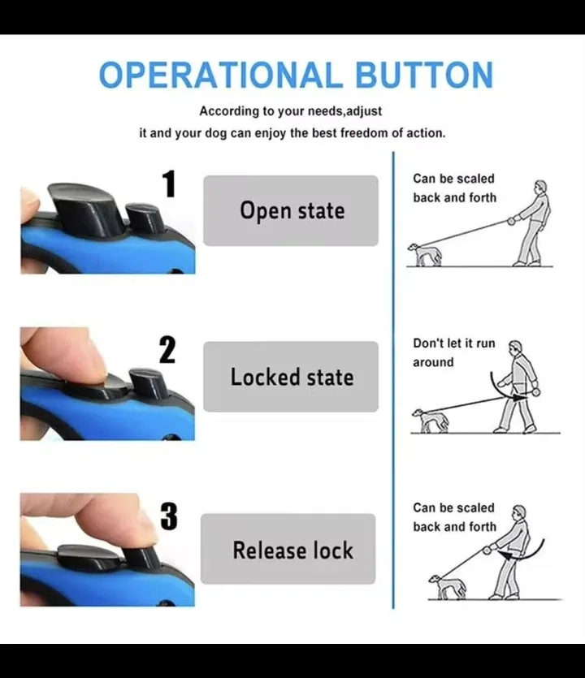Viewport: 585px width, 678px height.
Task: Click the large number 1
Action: coord(169,184)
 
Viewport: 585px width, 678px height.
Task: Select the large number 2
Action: coord(167,350)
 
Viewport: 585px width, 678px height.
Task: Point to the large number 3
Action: coord(168,516)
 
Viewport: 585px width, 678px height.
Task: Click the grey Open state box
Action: coord(291,211)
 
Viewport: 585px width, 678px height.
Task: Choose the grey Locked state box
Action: coord(291,377)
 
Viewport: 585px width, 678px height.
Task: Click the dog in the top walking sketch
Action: coord(426,254)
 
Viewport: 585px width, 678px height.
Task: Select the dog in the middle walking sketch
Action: coord(428,420)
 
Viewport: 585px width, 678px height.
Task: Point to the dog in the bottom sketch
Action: coord(446,586)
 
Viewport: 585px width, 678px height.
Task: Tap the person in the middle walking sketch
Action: coord(518,388)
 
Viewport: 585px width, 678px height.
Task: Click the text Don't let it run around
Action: coord(453,352)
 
